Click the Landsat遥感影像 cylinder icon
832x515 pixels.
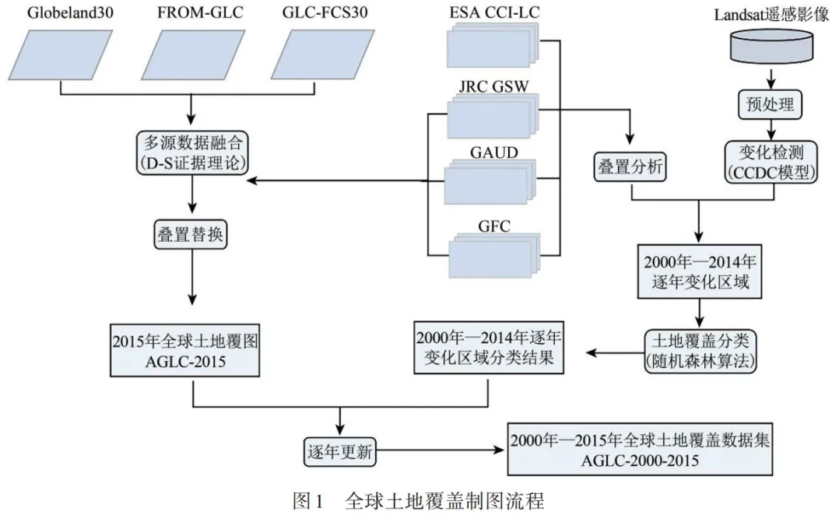[x=771, y=47]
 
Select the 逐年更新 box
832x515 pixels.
[x=339, y=450]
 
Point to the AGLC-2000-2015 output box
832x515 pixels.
[x=640, y=450]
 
